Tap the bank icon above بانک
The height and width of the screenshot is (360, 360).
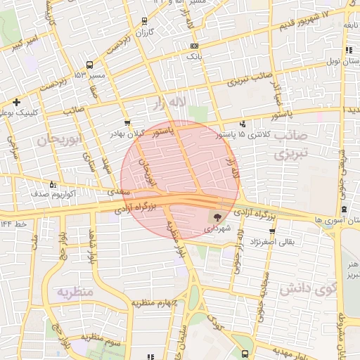tap(194, 46)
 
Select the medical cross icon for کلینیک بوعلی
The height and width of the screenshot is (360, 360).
tap(16, 102)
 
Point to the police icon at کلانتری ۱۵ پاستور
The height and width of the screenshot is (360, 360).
tap(243, 124)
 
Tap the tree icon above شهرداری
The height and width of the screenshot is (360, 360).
tap(215, 217)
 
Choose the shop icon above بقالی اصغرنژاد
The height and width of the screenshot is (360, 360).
tap(272, 231)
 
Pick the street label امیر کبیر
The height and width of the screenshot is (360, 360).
tap(27, 43)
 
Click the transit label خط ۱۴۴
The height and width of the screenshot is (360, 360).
tap(14, 224)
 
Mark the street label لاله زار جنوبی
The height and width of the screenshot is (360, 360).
tap(240, 246)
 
